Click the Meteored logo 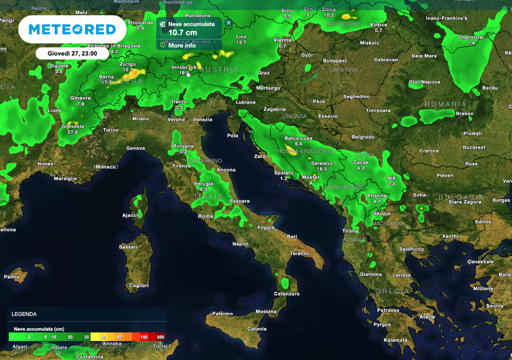[x=72, y=29]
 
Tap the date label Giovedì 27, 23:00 [x=72, y=53]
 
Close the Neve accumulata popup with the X [x=228, y=23]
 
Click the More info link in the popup [x=181, y=45]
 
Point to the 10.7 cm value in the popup [x=182, y=33]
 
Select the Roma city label [x=205, y=216]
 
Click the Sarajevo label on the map [x=321, y=163]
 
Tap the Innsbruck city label [x=184, y=67]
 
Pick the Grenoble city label [x=72, y=126]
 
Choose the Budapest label [x=334, y=61]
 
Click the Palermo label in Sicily [x=222, y=314]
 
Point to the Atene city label [x=427, y=317]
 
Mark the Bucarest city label [x=474, y=147]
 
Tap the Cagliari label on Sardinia [x=138, y=285]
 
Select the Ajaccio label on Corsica [x=132, y=215]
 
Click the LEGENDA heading [x=24, y=314]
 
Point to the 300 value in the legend [x=160, y=337]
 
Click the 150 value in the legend [x=144, y=337]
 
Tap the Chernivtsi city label [x=471, y=37]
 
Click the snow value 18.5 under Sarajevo [x=321, y=169]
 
